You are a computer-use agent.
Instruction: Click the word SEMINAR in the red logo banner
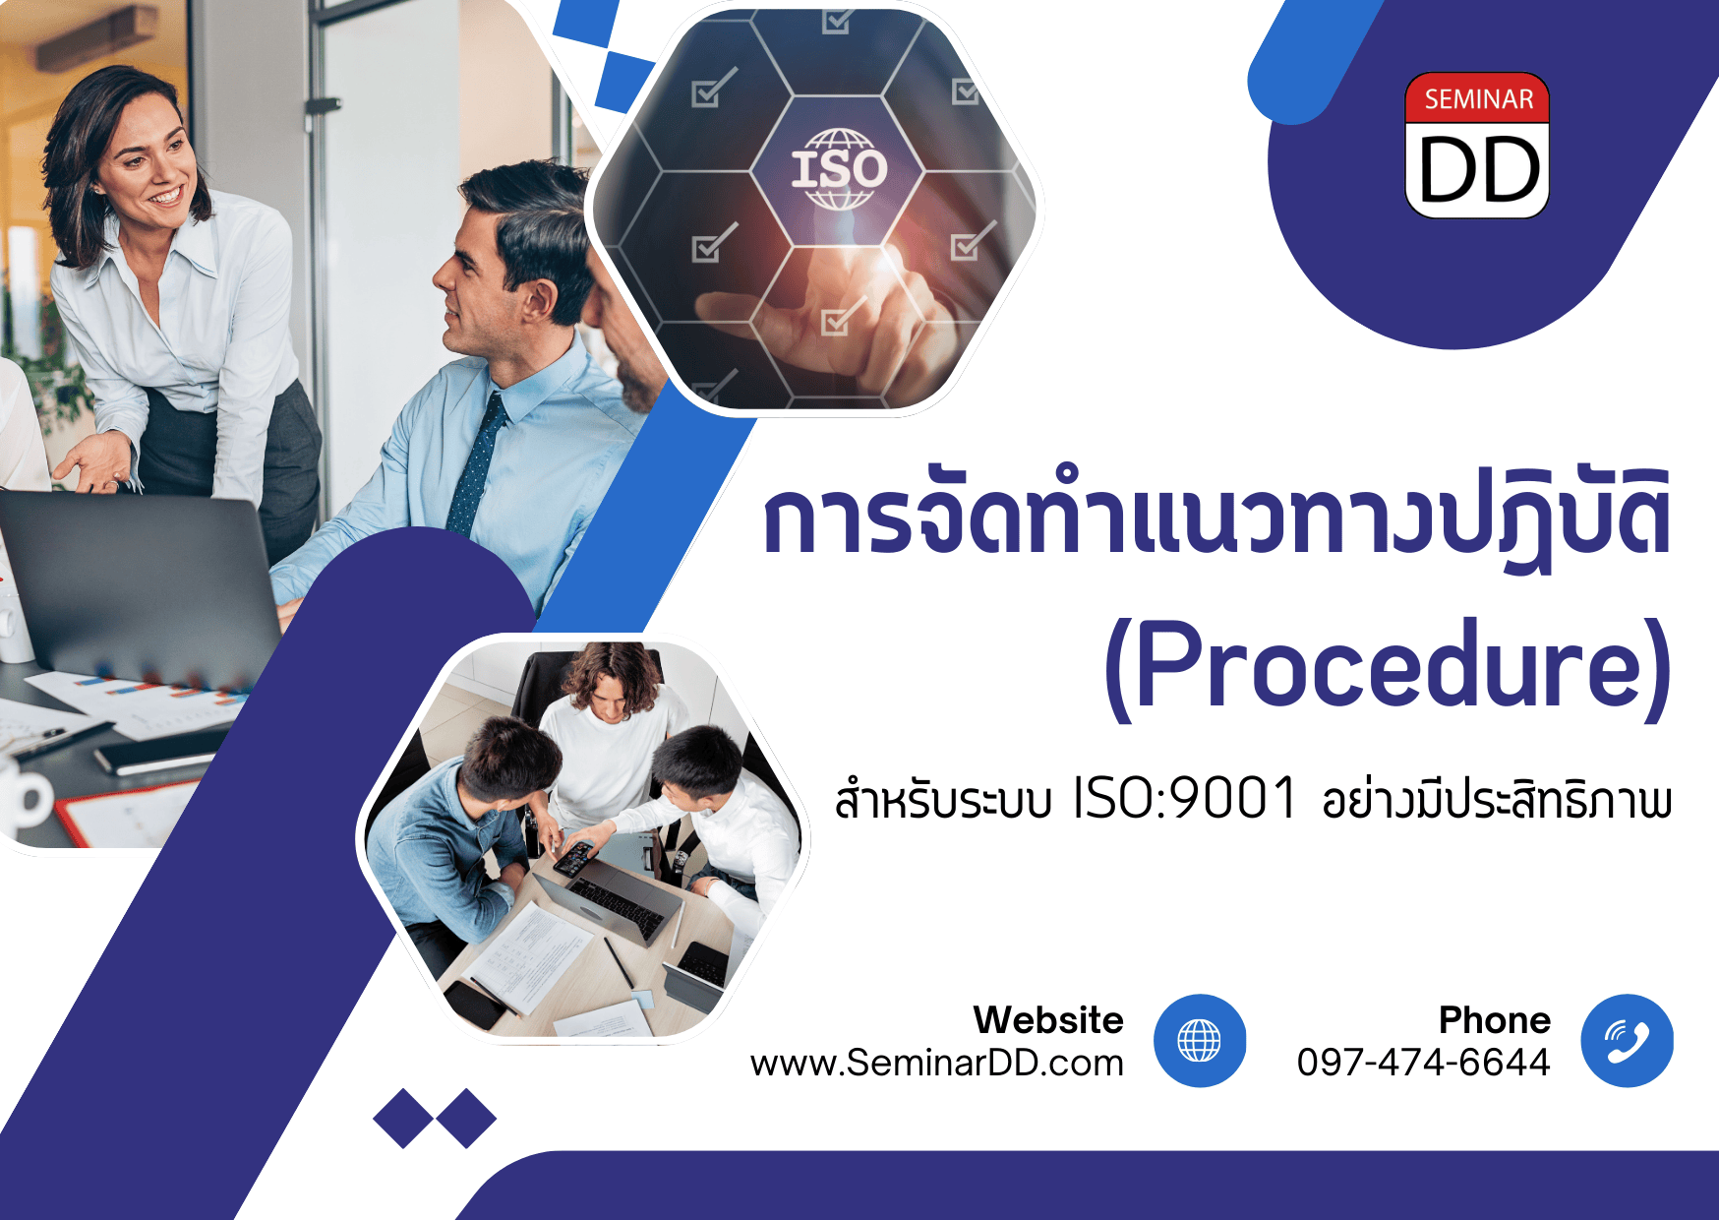tap(1478, 99)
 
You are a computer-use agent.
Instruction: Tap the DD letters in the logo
tap(1479, 169)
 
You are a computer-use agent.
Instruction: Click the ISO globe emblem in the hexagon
tap(839, 168)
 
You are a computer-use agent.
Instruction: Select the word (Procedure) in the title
tap(1387, 667)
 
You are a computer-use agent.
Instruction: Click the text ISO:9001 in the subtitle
tap(1184, 798)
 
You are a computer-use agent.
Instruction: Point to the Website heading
tap(1048, 1020)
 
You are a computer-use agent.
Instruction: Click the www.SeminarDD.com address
tap(936, 1063)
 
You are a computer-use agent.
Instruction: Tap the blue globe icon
tap(1199, 1041)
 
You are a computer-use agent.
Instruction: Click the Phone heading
tap(1495, 1020)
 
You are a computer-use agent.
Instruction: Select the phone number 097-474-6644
tap(1423, 1063)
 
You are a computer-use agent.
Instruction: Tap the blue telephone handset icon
tap(1627, 1041)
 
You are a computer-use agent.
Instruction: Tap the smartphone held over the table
tap(574, 859)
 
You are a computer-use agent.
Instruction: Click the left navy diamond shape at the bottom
tap(403, 1118)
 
